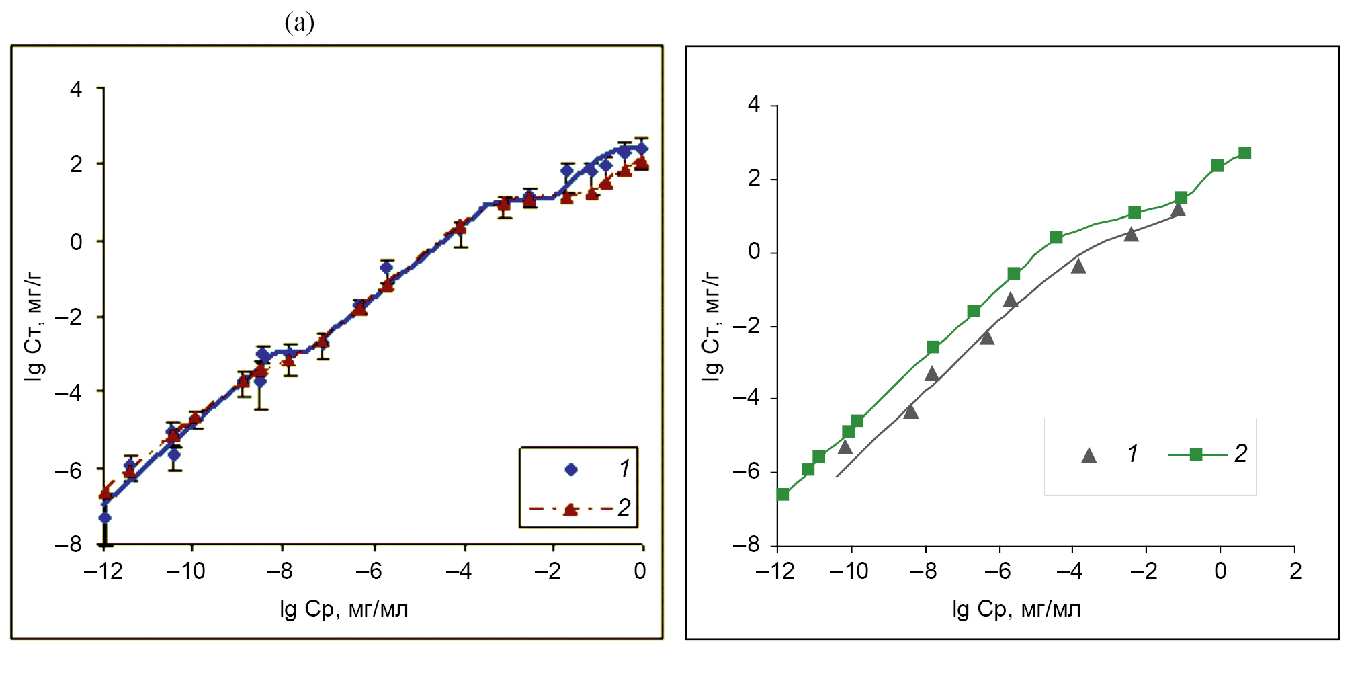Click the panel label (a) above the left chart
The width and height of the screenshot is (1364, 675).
point(299,24)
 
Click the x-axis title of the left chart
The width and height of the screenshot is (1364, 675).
point(344,609)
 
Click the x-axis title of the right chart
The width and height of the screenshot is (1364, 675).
point(1016,609)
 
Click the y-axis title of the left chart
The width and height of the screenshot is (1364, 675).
point(34,327)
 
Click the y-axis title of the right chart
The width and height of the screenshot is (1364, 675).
point(711,327)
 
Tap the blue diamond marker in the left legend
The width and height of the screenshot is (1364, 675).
point(571,469)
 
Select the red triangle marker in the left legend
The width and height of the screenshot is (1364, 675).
point(570,509)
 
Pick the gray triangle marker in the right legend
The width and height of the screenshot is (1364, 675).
point(1089,456)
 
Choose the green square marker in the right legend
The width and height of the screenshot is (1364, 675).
point(1196,454)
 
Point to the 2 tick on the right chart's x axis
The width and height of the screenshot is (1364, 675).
point(1295,571)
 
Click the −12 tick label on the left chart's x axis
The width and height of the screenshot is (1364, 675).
point(103,571)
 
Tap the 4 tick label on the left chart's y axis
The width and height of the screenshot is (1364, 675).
point(76,89)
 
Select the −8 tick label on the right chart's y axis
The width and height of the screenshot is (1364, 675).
point(746,545)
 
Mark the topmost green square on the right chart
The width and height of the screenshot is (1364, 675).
point(1244,153)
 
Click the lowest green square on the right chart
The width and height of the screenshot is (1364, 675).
point(783,494)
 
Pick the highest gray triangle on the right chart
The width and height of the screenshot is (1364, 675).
point(1178,210)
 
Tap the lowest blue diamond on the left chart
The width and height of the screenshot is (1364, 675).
point(105,518)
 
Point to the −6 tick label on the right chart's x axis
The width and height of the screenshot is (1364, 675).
point(998,571)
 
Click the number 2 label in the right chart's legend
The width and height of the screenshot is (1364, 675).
point(1240,454)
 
